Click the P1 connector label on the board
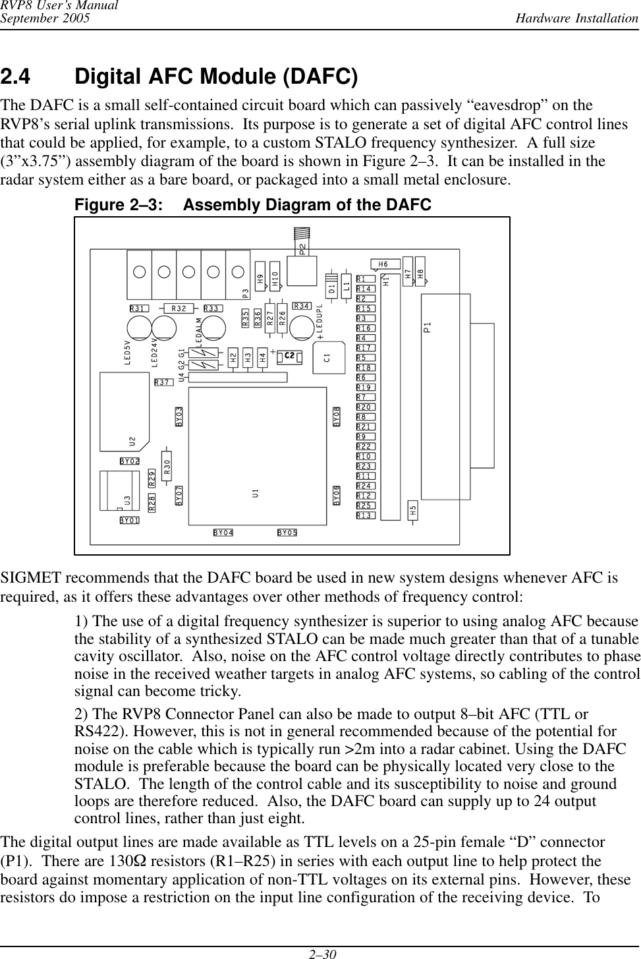pyautogui.click(x=428, y=328)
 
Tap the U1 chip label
pyautogui.click(x=255, y=492)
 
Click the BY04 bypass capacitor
pyautogui.click(x=223, y=533)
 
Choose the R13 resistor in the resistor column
pyautogui.click(x=366, y=515)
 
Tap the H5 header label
pyautogui.click(x=412, y=509)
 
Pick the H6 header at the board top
pyautogui.click(x=383, y=264)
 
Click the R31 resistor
pyautogui.click(x=139, y=308)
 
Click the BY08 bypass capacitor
pyautogui.click(x=337, y=417)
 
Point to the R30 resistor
pyautogui.click(x=167, y=467)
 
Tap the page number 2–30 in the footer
pyautogui.click(x=321, y=952)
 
